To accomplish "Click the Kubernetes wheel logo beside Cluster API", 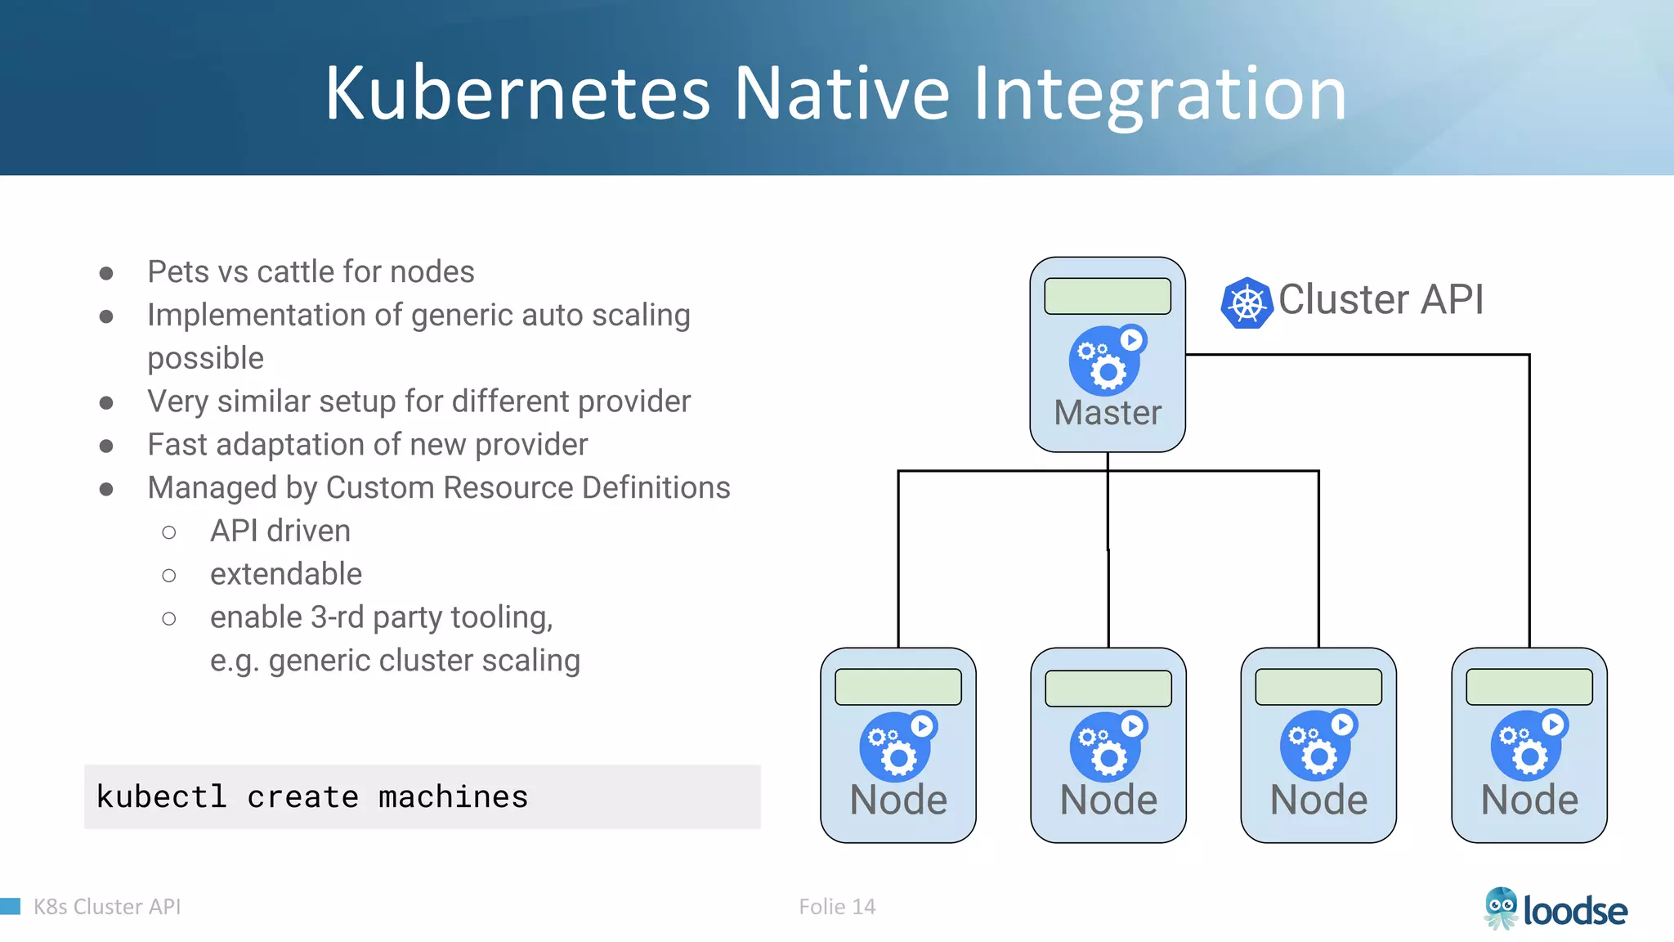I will (x=1247, y=303).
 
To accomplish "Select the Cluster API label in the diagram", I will (x=1381, y=299).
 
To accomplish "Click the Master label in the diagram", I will (x=1108, y=413).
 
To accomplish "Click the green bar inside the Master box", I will (x=1108, y=296).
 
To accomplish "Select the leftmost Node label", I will (x=898, y=800).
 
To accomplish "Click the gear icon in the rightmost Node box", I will (x=1527, y=747).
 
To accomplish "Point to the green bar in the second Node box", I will (x=1108, y=688).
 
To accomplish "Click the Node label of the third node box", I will (x=1318, y=800).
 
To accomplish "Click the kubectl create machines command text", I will (x=312, y=797).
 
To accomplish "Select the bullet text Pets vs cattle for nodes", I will (x=311, y=272).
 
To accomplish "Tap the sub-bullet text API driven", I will (x=280, y=532).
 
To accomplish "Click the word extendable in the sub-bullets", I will (x=286, y=575).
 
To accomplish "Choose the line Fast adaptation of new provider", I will (x=367, y=445).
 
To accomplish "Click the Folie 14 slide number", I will (x=837, y=907).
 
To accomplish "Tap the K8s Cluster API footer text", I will (x=107, y=907).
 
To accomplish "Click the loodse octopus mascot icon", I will (x=1501, y=908).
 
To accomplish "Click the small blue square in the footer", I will (x=10, y=906).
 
